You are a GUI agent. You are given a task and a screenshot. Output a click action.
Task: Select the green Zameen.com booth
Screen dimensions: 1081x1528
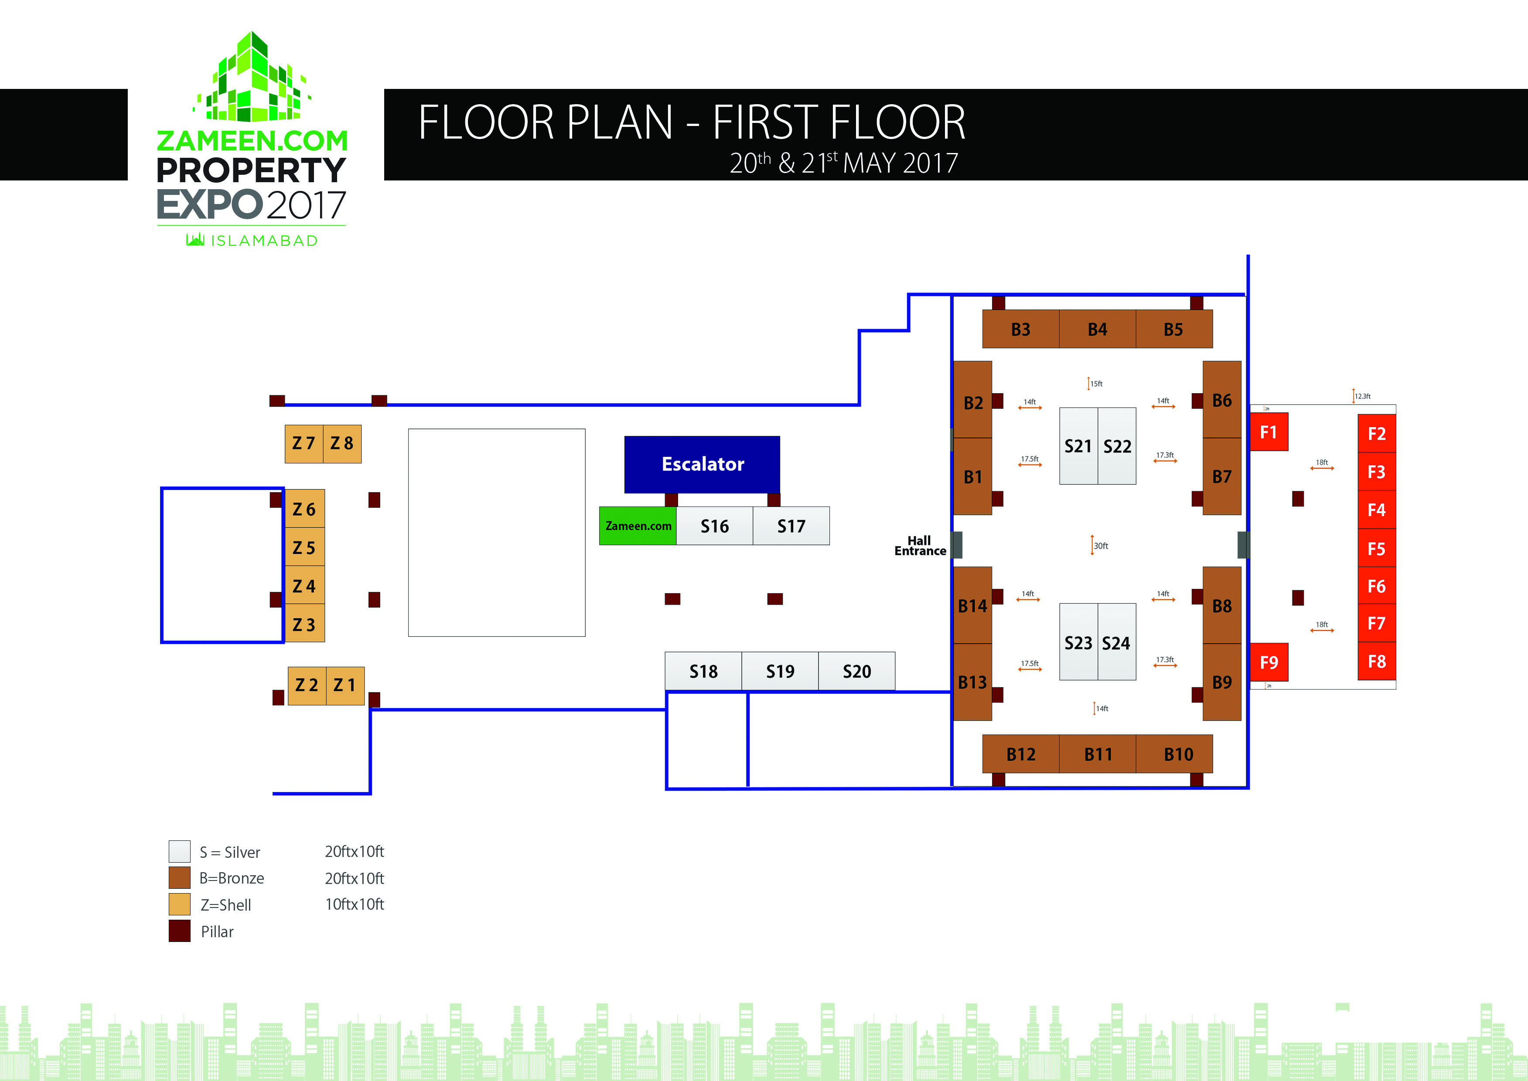[638, 526]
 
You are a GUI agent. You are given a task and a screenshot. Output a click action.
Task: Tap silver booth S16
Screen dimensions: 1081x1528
[714, 526]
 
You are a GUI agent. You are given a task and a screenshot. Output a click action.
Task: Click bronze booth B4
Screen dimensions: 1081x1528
[1097, 329]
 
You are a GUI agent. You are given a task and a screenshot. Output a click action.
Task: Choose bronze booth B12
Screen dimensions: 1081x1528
[1021, 754]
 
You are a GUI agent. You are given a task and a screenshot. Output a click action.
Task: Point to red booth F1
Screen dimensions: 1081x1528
[1269, 432]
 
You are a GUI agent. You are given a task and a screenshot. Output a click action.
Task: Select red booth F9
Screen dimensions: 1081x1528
[1269, 662]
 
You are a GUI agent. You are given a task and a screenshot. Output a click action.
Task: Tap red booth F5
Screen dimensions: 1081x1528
[1376, 548]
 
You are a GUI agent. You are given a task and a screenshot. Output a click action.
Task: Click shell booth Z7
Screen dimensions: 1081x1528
[304, 443]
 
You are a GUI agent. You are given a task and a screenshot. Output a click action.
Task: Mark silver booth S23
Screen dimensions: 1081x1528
[1078, 642]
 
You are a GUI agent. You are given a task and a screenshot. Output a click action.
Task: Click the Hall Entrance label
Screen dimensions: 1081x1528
[920, 546]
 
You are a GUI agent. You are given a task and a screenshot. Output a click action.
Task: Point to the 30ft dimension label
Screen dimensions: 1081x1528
[1101, 546]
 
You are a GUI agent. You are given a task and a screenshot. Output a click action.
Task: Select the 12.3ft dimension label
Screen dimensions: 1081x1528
[1362, 396]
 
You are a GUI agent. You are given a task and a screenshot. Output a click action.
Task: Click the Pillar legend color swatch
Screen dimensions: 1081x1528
[179, 931]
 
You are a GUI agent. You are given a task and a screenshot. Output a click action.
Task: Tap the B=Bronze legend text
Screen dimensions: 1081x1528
[231, 878]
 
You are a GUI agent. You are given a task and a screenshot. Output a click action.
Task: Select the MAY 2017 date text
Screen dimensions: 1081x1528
[900, 163]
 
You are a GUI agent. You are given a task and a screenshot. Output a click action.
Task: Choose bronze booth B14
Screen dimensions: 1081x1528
[972, 606]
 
